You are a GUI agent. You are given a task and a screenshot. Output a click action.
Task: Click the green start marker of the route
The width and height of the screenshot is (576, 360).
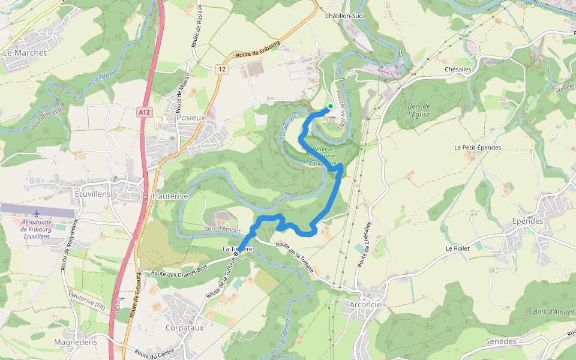click(x=330, y=106)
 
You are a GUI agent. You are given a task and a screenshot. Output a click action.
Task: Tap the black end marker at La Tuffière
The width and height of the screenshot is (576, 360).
click(x=236, y=254)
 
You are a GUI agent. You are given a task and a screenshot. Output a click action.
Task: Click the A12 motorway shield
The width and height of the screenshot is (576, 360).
click(x=144, y=112)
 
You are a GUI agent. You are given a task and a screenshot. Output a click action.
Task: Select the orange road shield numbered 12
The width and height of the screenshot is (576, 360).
click(x=222, y=70)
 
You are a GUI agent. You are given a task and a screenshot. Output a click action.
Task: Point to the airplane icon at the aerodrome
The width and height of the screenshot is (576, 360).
click(x=37, y=213)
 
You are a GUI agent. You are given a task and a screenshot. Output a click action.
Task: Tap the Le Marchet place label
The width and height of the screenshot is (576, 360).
click(x=25, y=53)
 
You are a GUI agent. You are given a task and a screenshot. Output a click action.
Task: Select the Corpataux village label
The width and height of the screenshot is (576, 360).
click(x=185, y=328)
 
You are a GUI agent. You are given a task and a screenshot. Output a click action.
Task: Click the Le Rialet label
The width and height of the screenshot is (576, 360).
click(x=457, y=248)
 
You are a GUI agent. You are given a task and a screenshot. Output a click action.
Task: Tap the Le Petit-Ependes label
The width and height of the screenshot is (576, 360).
click(x=478, y=148)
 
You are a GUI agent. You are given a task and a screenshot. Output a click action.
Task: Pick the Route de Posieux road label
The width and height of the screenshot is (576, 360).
click(x=196, y=27)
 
